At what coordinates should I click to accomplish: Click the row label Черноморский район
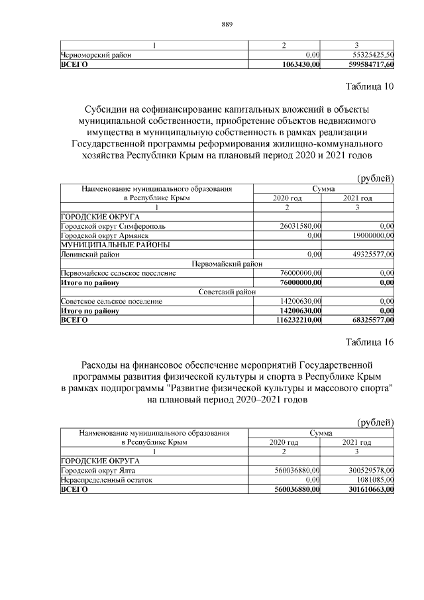click(x=93, y=54)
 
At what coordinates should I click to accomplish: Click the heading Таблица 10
click(x=370, y=87)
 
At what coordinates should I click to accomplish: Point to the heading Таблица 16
click(x=370, y=342)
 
